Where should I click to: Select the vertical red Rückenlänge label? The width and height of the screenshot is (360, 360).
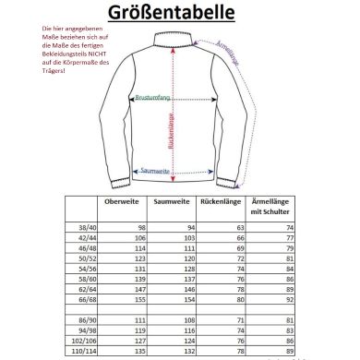click(x=171, y=129)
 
